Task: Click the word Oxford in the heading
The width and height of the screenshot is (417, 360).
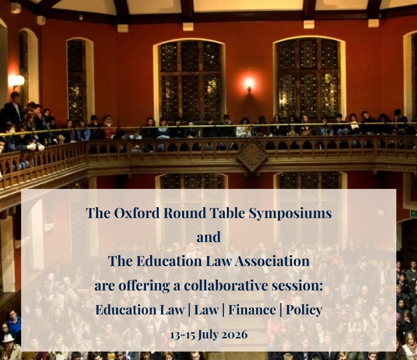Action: coord(137,213)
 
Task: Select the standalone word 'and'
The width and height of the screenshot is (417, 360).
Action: coord(208,237)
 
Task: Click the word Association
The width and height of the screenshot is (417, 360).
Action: coord(272,261)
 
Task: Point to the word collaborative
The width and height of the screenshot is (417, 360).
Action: coord(226,285)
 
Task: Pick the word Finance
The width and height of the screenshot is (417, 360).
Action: coord(252,310)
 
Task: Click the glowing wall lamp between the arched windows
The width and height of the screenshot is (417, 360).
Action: coord(249,84)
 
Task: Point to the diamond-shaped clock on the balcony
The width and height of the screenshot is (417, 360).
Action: coord(252,155)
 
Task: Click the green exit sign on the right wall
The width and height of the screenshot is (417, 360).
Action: coord(414,213)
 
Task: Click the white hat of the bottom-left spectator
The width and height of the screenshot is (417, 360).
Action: coord(8,338)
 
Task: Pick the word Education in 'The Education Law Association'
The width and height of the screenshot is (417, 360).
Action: coord(169,261)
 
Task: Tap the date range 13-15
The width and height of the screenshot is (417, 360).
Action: coord(182,335)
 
